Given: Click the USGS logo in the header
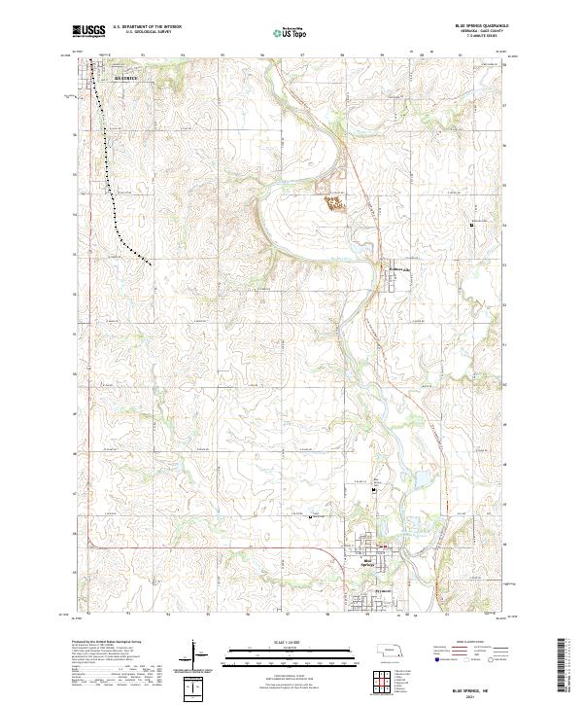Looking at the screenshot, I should [88, 31].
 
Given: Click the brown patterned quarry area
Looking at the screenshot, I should [334, 203].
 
